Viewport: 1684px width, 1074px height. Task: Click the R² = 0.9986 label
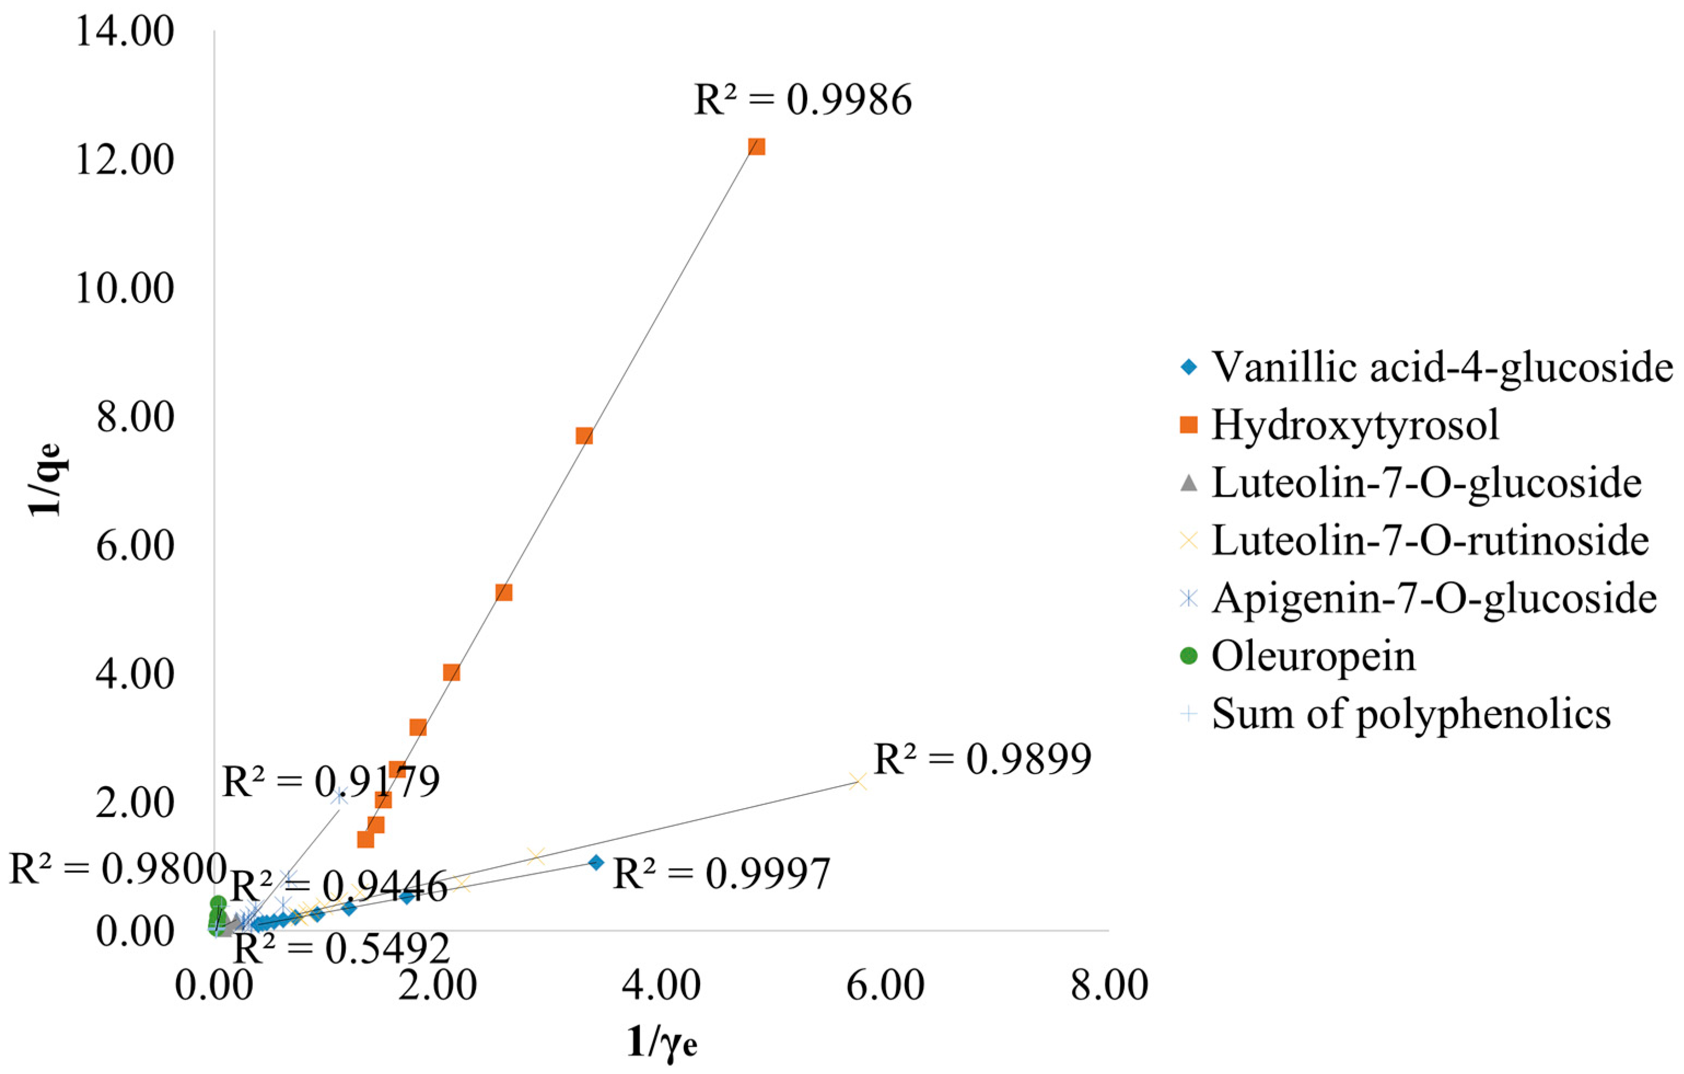(x=802, y=100)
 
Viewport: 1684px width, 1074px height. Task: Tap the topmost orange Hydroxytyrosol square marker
(x=756, y=146)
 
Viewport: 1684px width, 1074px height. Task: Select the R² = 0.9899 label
(x=983, y=759)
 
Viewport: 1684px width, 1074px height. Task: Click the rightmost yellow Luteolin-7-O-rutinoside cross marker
(x=858, y=781)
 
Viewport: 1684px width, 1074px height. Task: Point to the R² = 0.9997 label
(x=721, y=874)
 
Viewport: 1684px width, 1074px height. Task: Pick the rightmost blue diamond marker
(x=596, y=863)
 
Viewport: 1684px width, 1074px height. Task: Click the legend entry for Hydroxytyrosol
(x=1355, y=424)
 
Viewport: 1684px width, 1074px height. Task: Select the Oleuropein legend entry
(x=1313, y=657)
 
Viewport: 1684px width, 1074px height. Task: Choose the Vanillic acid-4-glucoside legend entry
(x=1441, y=366)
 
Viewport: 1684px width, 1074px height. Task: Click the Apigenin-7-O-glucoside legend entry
(x=1433, y=598)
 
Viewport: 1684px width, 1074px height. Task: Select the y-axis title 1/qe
(x=48, y=480)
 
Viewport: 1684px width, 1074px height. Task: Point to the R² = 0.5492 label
(x=341, y=949)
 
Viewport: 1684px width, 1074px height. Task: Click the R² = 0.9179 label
(x=330, y=781)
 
